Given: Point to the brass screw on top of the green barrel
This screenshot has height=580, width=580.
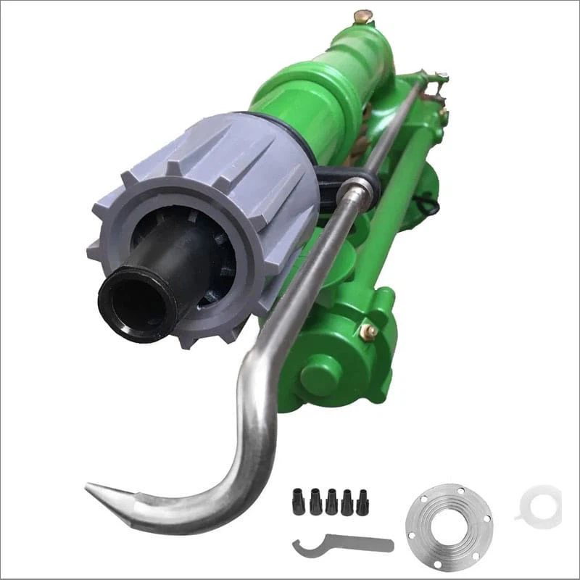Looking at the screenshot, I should click(362, 15).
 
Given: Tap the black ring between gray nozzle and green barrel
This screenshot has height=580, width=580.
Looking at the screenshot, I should click(297, 130).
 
